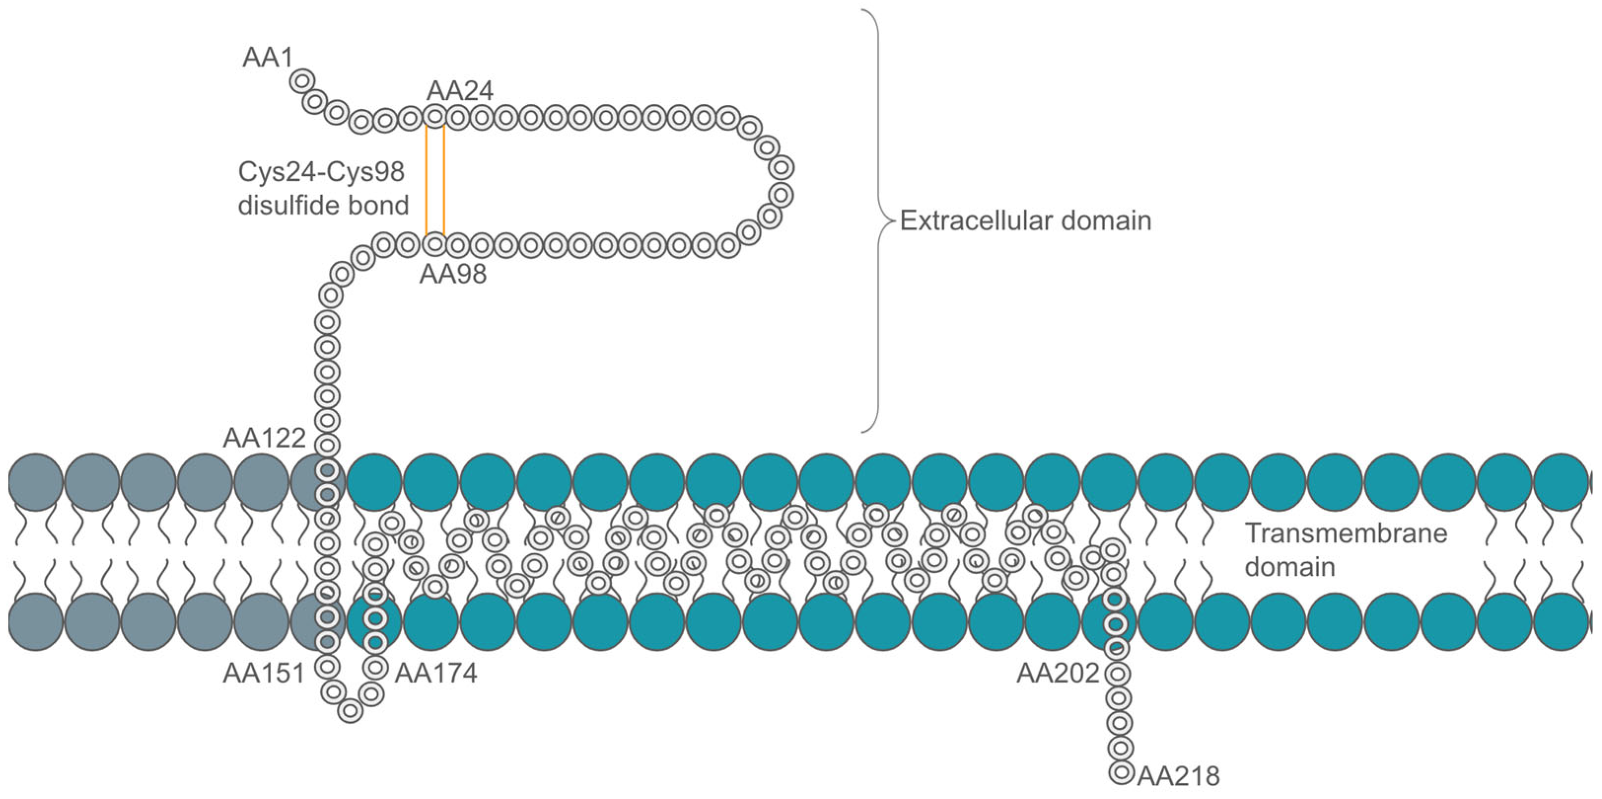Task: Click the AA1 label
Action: (x=268, y=57)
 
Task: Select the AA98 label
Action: (x=453, y=274)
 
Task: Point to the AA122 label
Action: (x=264, y=438)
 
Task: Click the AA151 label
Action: (x=264, y=673)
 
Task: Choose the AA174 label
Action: (x=436, y=673)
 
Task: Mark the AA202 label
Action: (x=1058, y=673)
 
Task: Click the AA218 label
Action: (x=1179, y=776)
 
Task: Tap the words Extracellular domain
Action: (x=1025, y=221)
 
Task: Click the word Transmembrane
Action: (x=1346, y=533)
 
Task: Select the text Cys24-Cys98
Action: (x=321, y=172)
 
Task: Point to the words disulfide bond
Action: (x=323, y=205)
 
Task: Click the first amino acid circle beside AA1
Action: (x=302, y=81)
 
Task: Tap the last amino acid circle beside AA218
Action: (x=1121, y=772)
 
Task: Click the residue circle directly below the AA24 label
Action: (x=435, y=116)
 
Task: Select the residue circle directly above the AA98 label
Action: (x=434, y=243)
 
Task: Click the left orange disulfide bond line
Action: (x=426, y=180)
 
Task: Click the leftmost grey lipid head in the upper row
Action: (x=35, y=483)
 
